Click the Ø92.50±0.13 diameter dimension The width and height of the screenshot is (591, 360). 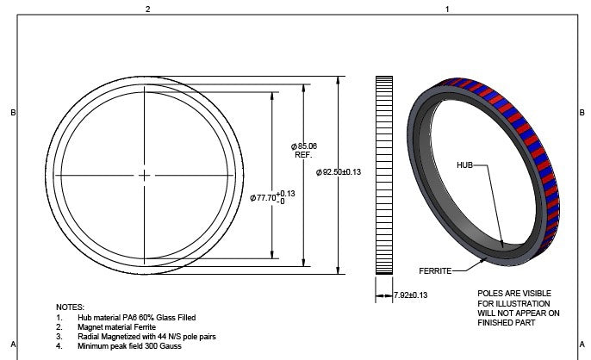[339, 172]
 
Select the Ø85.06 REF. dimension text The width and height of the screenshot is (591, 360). [305, 150]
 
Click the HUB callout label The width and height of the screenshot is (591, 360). [466, 164]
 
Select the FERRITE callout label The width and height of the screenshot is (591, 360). [436, 270]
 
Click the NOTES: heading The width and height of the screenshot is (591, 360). [70, 307]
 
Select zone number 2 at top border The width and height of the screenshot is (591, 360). [147, 9]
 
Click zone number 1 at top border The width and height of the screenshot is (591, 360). [446, 9]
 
